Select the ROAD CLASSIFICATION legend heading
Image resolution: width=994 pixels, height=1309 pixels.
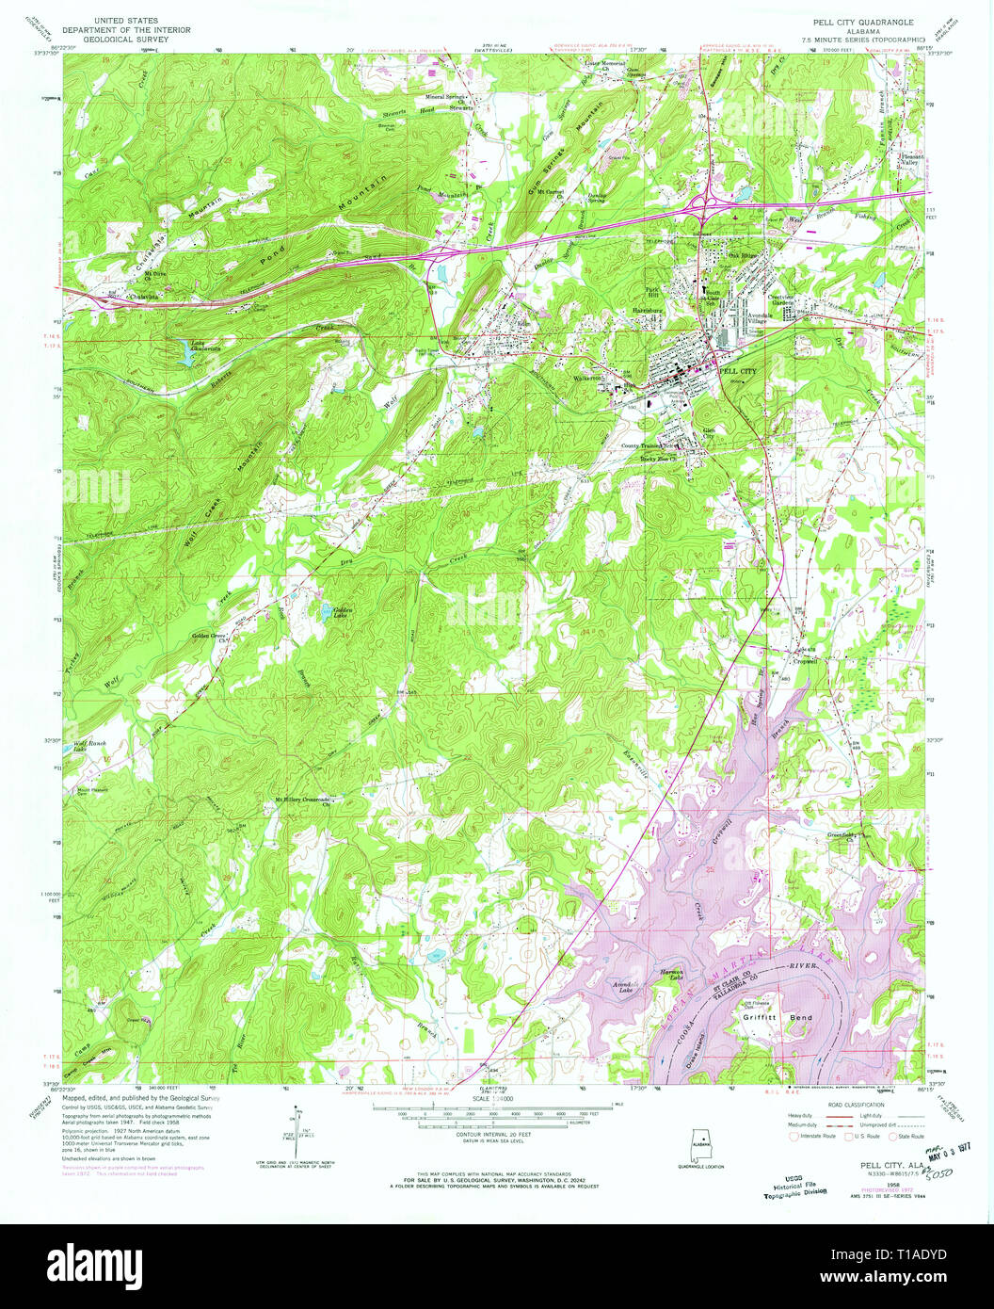coord(858,1104)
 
